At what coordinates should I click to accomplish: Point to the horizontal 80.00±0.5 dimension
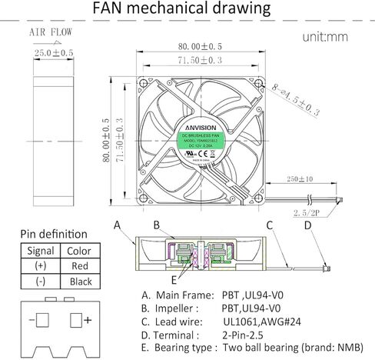pyautogui.click(x=187, y=46)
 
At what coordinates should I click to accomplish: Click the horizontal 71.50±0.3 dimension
pyautogui.click(x=187, y=58)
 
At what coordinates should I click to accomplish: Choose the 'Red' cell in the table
pyautogui.click(x=80, y=265)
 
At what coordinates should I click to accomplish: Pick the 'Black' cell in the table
pyautogui.click(x=80, y=282)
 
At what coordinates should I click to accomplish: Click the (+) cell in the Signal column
pyautogui.click(x=40, y=265)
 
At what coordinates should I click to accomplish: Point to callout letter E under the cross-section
pyautogui.click(x=174, y=280)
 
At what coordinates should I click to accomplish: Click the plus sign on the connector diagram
pyautogui.click(x=88, y=320)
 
